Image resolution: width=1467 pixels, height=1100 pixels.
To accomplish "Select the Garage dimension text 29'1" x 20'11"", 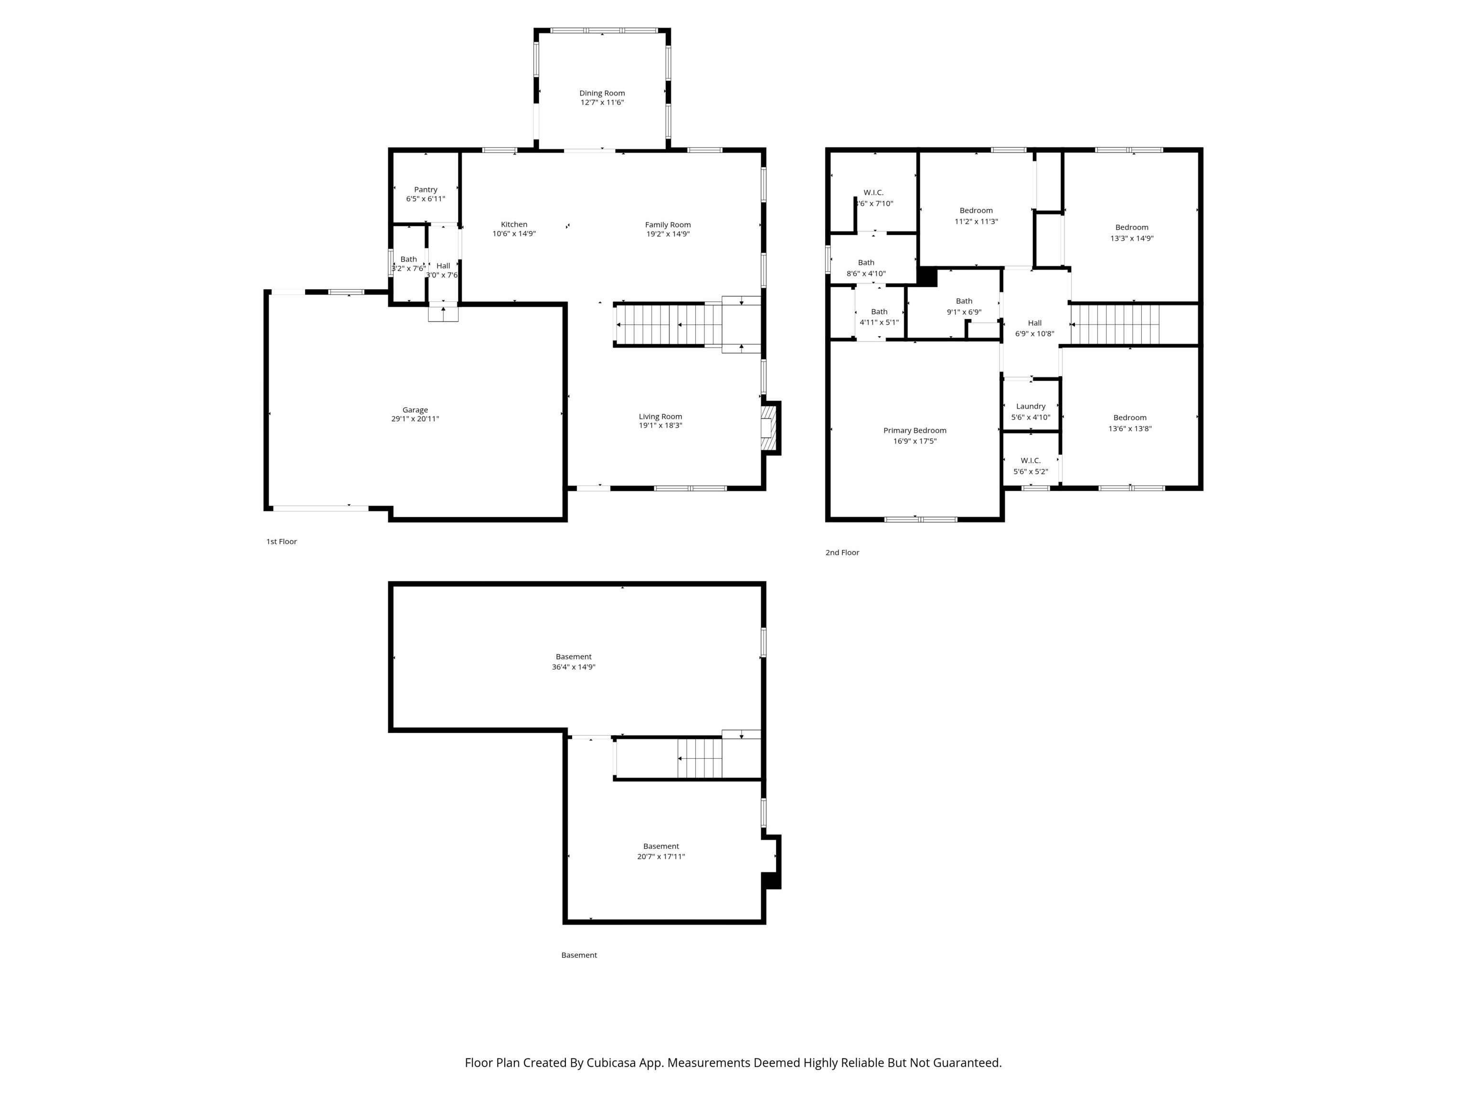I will pos(415,419).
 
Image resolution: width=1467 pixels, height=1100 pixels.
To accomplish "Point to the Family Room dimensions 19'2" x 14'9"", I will pos(668,234).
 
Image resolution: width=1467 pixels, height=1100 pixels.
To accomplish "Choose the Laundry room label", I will pos(1030,406).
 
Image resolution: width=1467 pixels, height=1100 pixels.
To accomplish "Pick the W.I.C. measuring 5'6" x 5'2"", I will pos(1030,466).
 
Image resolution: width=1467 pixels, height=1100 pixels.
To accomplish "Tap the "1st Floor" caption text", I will pos(281,542).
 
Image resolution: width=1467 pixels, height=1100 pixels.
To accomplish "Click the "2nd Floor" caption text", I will pos(841,552).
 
